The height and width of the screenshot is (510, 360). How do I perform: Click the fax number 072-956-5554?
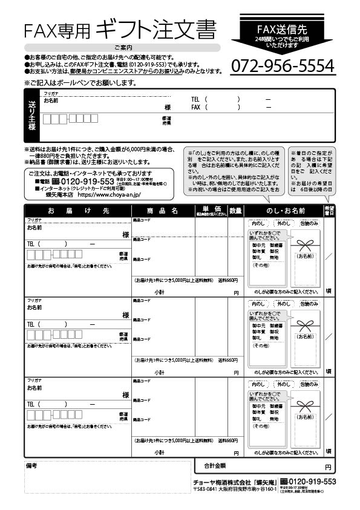pos(283,65)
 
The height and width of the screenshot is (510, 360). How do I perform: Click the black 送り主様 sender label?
pos(31,116)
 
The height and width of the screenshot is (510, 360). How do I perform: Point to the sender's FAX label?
pos(195,107)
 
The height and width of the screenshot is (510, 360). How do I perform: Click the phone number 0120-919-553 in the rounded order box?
pos(85,181)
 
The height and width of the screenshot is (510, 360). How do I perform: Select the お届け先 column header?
pos(78,211)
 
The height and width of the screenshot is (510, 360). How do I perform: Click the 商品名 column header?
pos(163,211)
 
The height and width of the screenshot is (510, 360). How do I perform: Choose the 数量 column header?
pos(235,211)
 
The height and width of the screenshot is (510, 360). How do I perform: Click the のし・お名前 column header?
pos(285,211)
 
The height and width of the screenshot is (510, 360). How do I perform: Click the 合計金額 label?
pos(215,466)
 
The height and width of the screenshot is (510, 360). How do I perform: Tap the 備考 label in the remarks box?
pos(32,466)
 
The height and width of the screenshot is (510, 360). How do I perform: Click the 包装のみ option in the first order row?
pos(309,223)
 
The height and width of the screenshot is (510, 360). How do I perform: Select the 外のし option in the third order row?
pos(283,384)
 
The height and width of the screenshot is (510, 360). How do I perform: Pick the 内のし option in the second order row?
pos(258,304)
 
